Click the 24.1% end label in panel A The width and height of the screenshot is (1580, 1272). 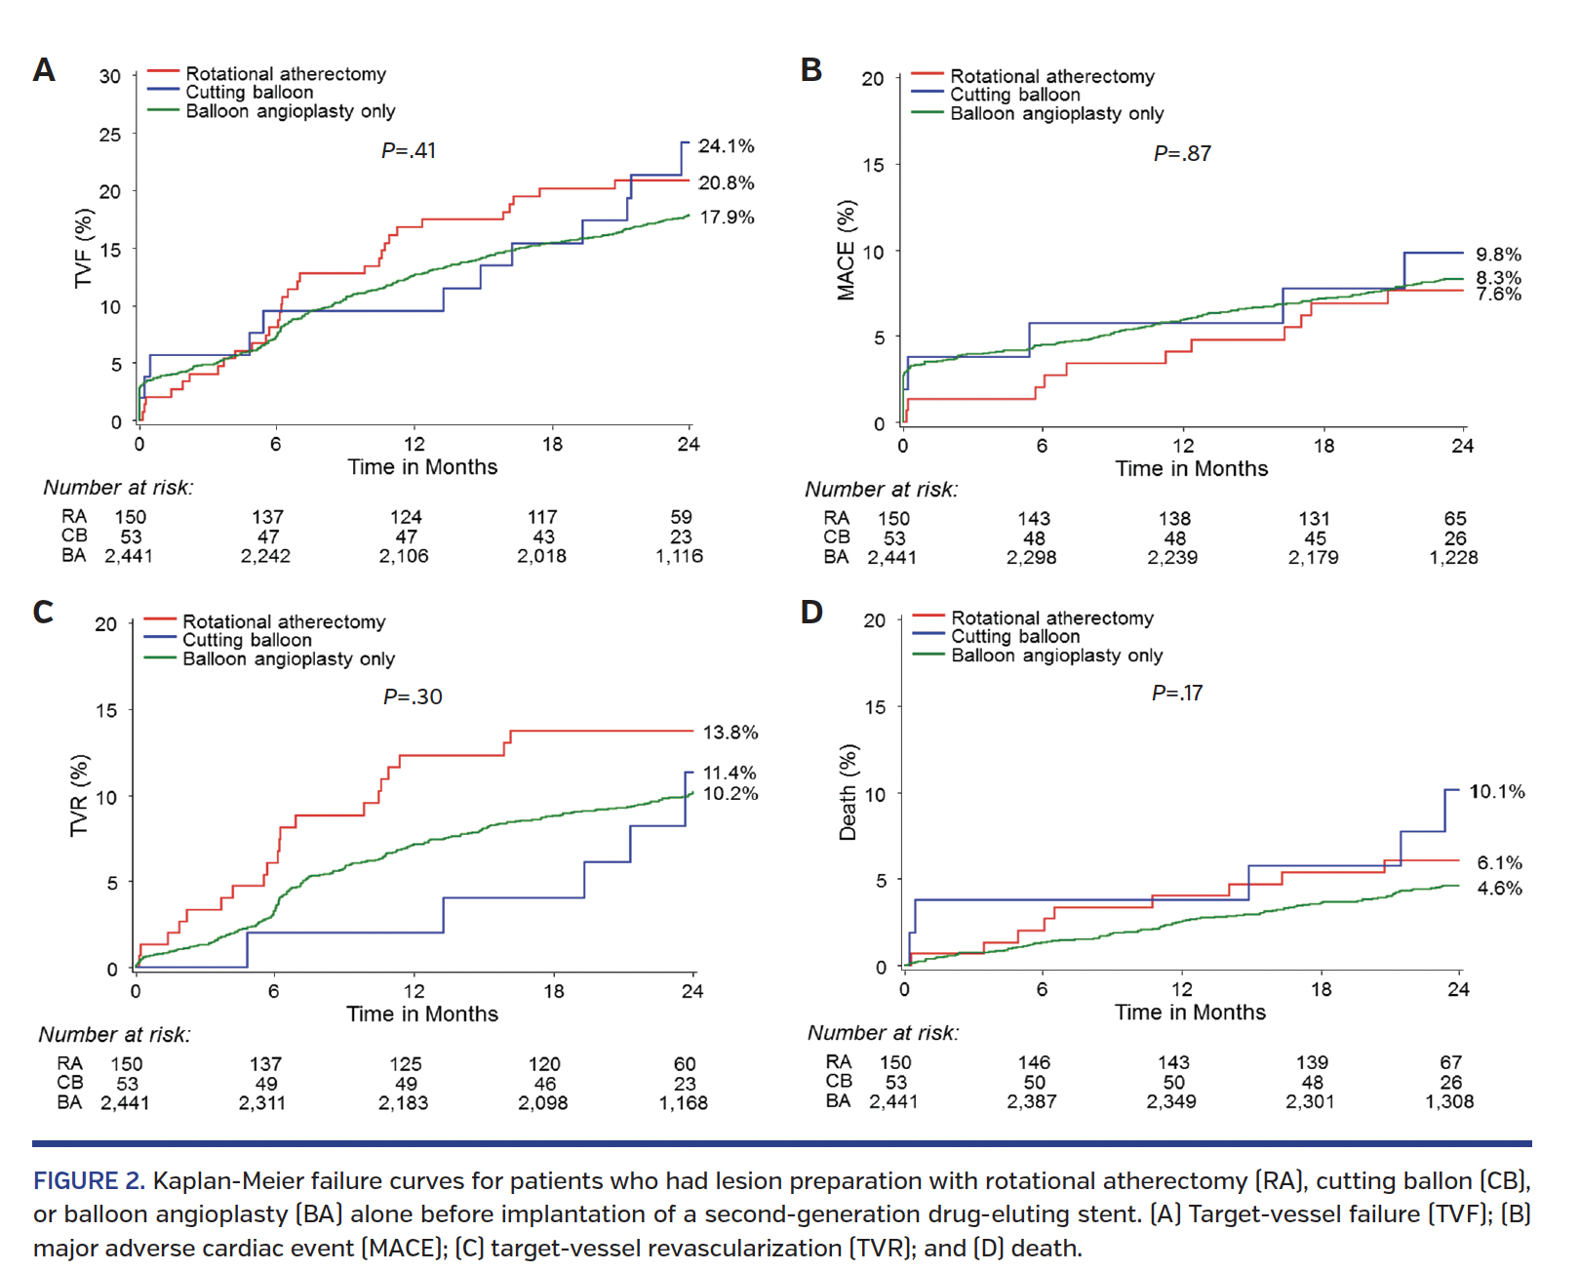click(726, 146)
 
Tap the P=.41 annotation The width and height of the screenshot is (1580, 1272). click(409, 151)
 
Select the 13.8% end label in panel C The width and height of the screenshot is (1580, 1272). click(730, 733)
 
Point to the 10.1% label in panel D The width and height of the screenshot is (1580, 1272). click(1496, 792)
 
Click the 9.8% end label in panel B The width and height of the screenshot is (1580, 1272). click(1497, 255)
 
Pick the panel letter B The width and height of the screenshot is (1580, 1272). click(810, 70)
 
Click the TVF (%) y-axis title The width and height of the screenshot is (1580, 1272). click(84, 249)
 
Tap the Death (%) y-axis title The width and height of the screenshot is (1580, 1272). click(849, 792)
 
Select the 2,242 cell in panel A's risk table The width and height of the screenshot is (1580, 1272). click(265, 556)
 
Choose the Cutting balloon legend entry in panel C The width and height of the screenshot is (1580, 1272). click(247, 641)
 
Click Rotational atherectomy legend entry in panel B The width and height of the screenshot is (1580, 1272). click(1051, 77)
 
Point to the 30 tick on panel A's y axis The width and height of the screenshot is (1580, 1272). click(110, 77)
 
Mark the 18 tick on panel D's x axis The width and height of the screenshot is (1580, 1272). click(1321, 990)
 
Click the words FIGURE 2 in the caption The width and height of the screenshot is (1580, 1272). click(89, 1181)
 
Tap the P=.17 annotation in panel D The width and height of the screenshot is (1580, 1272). click(1176, 694)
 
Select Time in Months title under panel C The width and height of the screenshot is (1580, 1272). click(421, 1014)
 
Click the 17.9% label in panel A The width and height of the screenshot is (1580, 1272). click(727, 218)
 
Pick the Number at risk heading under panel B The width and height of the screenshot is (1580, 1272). click(881, 490)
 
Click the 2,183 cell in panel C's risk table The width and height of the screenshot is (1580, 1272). click(403, 1103)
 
